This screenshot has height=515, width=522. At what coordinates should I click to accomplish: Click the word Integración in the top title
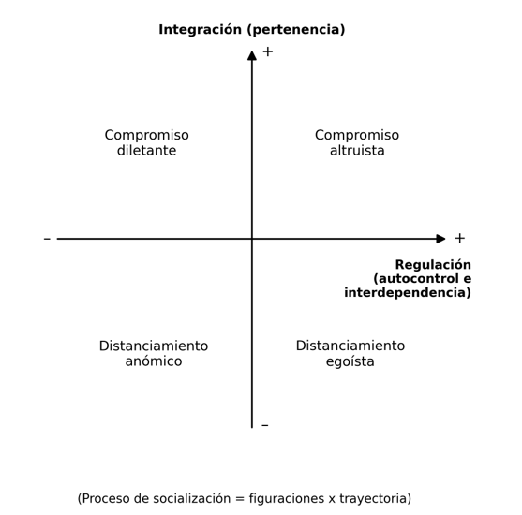pos(200,30)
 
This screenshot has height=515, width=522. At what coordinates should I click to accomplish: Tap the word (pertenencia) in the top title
pos(296,30)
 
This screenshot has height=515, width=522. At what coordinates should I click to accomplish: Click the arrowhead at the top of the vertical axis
pos(252,56)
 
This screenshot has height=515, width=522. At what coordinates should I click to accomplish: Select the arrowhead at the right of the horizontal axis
pos(440,239)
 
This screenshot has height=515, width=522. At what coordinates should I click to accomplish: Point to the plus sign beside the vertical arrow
pos(268,51)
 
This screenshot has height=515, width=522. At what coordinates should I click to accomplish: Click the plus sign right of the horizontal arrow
pos(460,238)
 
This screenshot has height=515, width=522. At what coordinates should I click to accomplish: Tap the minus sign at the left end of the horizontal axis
pos(47,239)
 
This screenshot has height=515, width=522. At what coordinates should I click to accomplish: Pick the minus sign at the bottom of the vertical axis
pos(265,425)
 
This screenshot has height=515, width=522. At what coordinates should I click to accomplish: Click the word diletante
pos(146,151)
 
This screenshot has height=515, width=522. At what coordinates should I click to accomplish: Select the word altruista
pos(357,151)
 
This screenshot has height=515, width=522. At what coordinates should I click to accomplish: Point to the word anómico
pos(154,360)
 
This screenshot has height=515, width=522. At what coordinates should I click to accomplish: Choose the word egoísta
pos(350,361)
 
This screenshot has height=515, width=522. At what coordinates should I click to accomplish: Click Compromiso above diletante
pos(147,136)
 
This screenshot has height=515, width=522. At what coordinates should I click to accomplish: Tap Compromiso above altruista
pos(357,136)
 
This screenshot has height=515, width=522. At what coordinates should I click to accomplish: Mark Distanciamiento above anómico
pos(154,346)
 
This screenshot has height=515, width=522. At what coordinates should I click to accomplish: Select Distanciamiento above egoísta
pos(350,346)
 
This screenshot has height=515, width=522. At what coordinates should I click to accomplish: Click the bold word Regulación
pos(433,265)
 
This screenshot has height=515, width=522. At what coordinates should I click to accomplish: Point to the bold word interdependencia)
pos(408,293)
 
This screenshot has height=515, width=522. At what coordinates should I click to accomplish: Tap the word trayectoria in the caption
pos(373,499)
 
